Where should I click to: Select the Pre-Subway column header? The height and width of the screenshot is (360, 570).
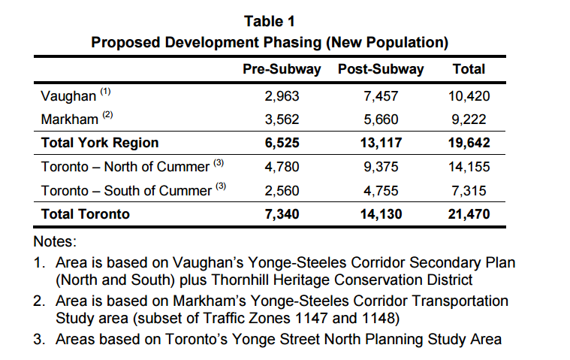click(282, 69)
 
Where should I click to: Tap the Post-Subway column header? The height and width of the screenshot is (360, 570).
click(381, 69)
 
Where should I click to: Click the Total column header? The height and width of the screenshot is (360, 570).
click(469, 69)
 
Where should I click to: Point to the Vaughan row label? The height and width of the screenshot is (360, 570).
click(68, 96)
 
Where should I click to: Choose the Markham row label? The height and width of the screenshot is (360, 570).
click(70, 119)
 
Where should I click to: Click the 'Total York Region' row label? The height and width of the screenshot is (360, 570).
click(100, 142)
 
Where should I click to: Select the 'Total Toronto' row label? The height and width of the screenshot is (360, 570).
click(86, 214)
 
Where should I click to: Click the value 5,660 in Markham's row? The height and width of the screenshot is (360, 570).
click(381, 119)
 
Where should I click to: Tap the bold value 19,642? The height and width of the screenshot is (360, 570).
click(469, 142)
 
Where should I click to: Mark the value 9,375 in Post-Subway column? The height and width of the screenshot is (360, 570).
click(381, 167)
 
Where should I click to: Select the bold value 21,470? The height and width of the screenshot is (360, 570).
click(469, 214)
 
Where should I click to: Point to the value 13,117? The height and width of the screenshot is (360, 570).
click(381, 142)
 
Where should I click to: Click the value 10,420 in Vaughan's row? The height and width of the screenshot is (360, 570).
click(469, 96)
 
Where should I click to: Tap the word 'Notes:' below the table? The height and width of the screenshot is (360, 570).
click(56, 242)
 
